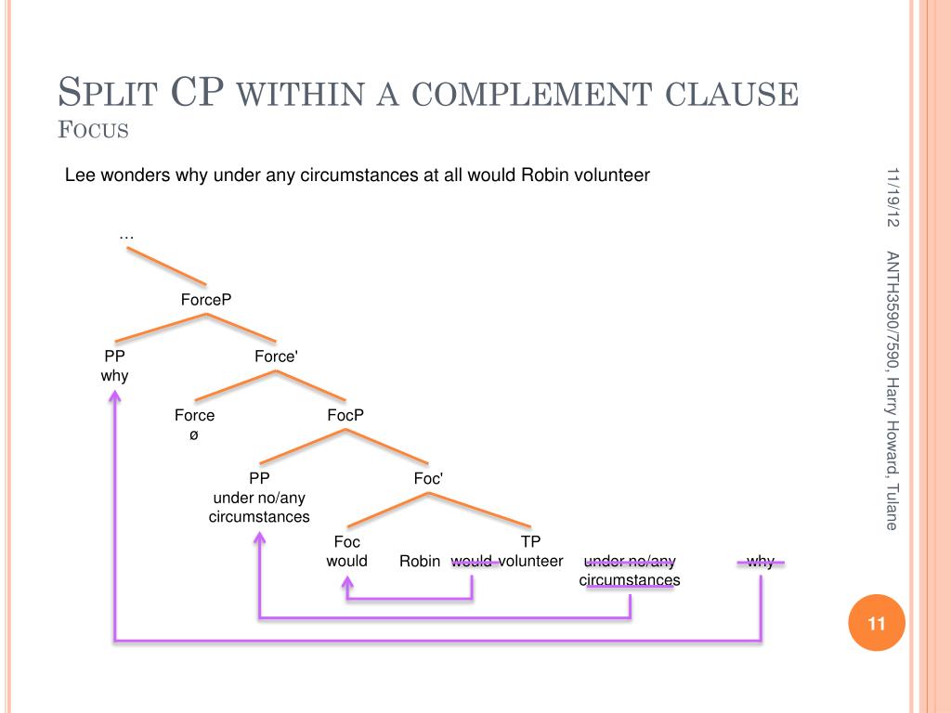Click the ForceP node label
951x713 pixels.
click(x=205, y=299)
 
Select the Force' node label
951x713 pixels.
click(x=276, y=356)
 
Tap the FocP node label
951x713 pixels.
click(x=345, y=415)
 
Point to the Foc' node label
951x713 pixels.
click(x=428, y=478)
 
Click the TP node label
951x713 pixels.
click(x=530, y=541)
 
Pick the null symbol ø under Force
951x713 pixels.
click(x=194, y=434)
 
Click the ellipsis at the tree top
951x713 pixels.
click(x=127, y=237)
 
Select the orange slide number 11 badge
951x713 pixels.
click(x=877, y=623)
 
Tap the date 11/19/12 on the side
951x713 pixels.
click(x=892, y=197)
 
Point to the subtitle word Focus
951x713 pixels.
click(x=93, y=130)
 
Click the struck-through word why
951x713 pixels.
click(x=760, y=561)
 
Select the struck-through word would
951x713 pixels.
click(x=472, y=561)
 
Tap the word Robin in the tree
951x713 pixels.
click(x=420, y=561)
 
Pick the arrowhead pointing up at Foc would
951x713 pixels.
click(x=347, y=584)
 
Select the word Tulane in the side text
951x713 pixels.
click(x=892, y=507)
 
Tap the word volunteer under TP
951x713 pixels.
click(x=532, y=561)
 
